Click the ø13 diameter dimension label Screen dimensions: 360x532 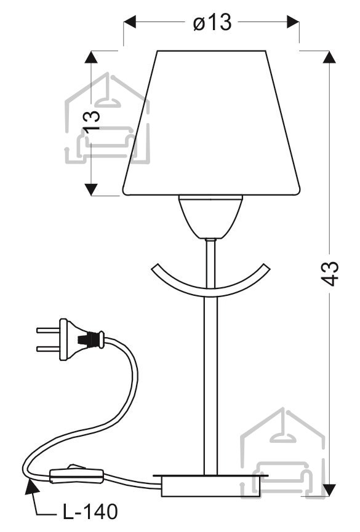[212, 22]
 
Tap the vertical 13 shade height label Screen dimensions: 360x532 [92, 121]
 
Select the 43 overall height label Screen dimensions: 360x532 [329, 274]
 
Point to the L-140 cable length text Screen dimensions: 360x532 [90, 512]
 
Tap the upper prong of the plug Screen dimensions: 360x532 [48, 330]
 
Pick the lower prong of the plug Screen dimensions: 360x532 [48, 349]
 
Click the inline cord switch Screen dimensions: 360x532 [76, 474]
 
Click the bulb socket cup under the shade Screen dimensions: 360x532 [210, 216]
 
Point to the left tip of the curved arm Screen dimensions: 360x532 [153, 268]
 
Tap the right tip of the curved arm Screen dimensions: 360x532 [267, 268]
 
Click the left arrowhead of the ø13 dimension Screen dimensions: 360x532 [129, 22]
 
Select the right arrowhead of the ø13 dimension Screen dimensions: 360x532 [293, 22]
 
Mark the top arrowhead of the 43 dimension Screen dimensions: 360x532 [329, 57]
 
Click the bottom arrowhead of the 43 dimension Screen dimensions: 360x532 [329, 491]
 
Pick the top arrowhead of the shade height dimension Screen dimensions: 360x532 [90, 57]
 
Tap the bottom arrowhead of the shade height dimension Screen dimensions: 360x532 [90, 189]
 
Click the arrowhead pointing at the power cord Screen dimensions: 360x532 [31, 488]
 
